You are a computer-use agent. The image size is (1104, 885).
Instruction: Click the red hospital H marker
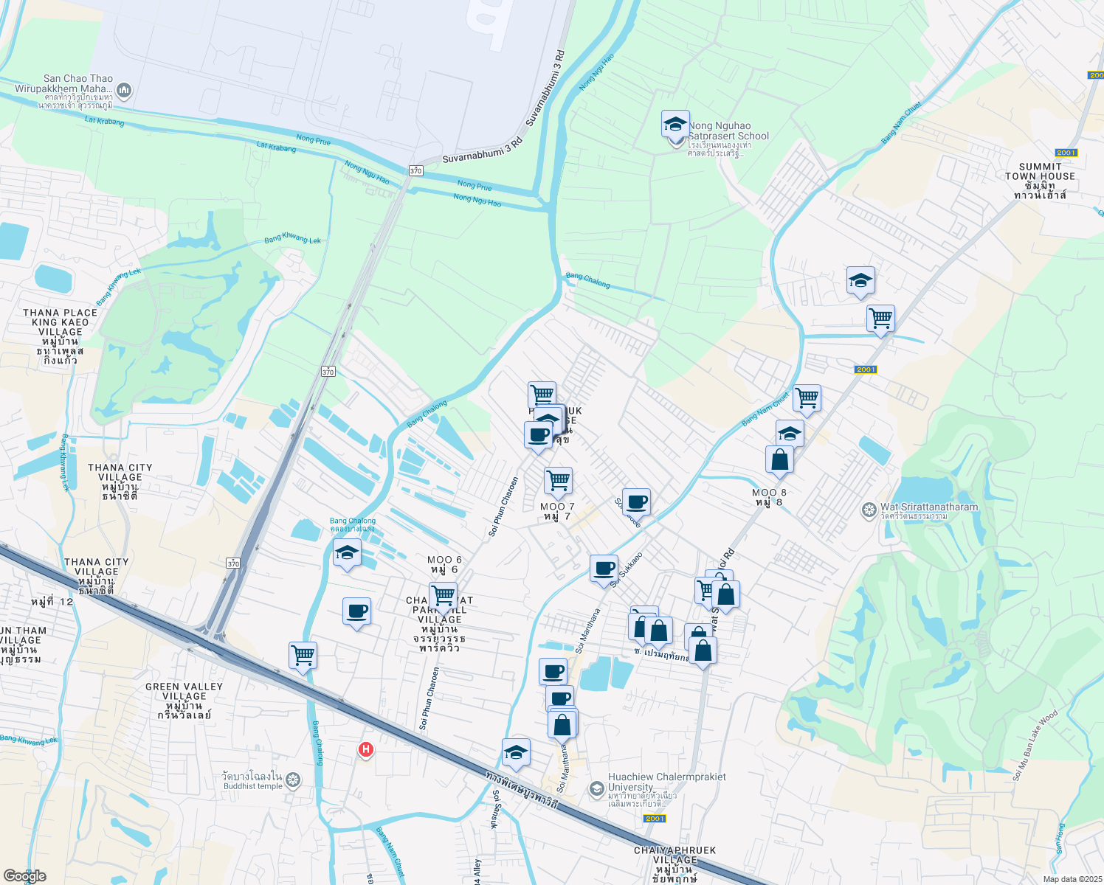(365, 750)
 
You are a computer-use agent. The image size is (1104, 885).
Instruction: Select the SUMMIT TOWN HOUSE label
(1040, 177)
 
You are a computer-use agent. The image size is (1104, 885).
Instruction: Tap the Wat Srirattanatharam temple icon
(869, 510)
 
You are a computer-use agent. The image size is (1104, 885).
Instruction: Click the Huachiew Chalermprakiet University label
(666, 782)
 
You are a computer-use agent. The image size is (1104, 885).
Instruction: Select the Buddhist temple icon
(293, 780)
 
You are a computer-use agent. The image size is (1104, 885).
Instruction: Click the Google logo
(25, 876)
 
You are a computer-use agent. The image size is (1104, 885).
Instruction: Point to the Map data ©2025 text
(1072, 879)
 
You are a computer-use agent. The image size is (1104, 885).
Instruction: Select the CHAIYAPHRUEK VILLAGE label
(675, 855)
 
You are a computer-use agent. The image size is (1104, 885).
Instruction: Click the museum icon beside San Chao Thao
(123, 90)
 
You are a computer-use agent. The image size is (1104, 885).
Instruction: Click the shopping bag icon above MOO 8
(779, 460)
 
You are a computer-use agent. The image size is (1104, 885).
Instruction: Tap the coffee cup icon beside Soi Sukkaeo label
(604, 569)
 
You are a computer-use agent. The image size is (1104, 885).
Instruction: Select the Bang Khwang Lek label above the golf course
(293, 239)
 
